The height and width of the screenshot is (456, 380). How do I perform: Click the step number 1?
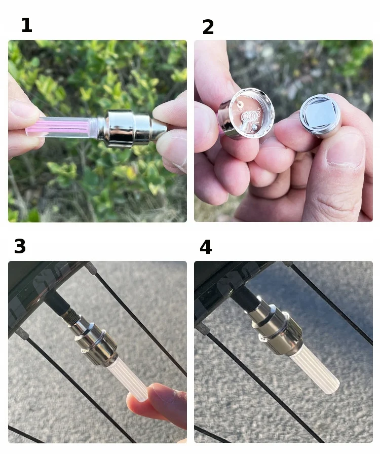[27, 25]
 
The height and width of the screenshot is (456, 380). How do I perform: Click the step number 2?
[208, 27]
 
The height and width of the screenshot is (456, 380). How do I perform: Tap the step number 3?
[20, 246]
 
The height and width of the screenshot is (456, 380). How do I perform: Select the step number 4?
[206, 247]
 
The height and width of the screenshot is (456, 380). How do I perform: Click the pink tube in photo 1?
[58, 127]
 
